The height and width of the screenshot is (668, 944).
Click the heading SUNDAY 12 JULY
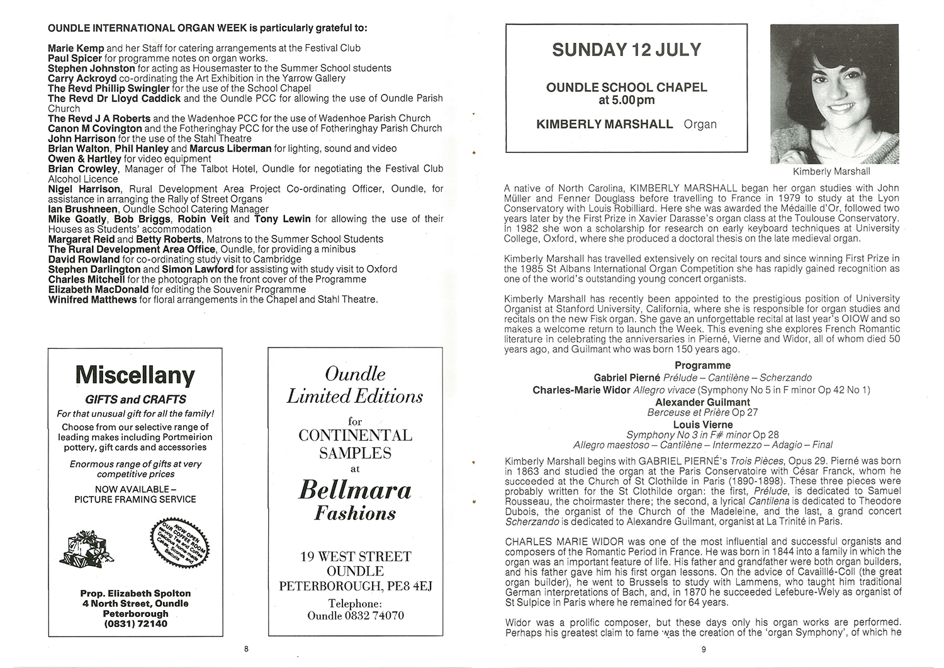click(626, 50)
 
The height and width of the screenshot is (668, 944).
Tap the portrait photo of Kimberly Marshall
click(834, 94)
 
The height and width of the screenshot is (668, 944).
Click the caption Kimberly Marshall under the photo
click(831, 171)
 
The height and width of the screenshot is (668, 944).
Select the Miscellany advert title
click(135, 375)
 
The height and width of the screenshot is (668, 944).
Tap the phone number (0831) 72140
click(136, 624)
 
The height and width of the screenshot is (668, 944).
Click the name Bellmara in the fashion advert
click(355, 490)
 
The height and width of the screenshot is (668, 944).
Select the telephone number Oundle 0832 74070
click(356, 615)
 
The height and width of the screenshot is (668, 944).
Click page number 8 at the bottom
click(247, 648)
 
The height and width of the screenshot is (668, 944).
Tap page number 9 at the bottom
click(704, 650)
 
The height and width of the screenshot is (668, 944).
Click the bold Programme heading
click(702, 365)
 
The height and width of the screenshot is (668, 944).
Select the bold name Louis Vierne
click(702, 425)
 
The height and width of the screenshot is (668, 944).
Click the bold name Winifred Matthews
click(92, 300)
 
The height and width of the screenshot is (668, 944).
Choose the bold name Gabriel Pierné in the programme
click(627, 378)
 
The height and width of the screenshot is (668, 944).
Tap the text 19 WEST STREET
click(356, 557)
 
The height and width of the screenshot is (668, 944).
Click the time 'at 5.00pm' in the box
click(626, 100)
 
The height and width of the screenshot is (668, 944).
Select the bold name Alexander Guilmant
click(702, 402)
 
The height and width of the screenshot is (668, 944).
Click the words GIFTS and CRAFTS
click(135, 399)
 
